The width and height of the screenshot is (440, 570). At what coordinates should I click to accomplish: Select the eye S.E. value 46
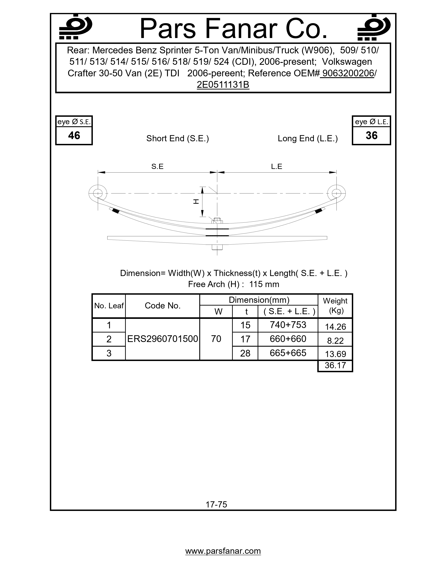point(74,135)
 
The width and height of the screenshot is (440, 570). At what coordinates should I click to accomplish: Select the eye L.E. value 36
point(371,135)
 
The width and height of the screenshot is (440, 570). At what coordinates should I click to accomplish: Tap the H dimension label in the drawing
point(196,201)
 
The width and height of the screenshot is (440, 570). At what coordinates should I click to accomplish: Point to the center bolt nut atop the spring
point(217,221)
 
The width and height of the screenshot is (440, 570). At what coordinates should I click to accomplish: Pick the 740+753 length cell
point(288,325)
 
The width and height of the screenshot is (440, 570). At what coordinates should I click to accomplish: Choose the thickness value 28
point(245,353)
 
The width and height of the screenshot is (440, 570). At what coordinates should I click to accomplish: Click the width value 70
point(216,339)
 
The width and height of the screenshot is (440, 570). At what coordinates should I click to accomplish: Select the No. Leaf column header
point(109,306)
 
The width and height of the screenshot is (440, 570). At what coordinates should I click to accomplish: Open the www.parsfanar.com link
point(223,551)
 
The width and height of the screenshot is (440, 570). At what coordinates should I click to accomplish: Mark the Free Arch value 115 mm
point(264,284)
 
